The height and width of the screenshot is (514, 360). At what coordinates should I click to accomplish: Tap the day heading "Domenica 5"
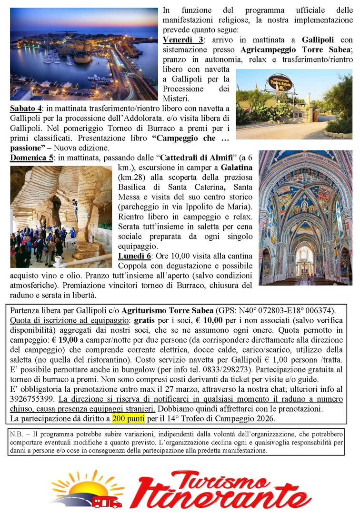pos(31,158)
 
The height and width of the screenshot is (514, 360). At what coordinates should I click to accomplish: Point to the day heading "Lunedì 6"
pos(135,255)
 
